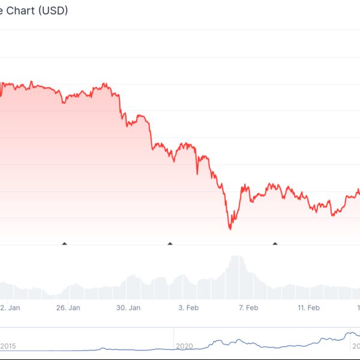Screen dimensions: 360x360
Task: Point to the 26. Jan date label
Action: (x=68, y=308)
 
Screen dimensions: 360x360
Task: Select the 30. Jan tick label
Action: (x=128, y=308)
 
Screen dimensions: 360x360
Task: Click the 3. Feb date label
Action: (x=188, y=308)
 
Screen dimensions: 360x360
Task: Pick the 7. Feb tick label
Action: (x=248, y=308)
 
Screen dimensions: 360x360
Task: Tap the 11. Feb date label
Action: (x=308, y=308)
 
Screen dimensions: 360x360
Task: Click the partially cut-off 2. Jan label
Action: (x=11, y=308)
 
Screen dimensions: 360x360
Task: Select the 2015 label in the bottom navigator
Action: (x=8, y=346)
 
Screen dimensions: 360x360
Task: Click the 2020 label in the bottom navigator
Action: (x=185, y=346)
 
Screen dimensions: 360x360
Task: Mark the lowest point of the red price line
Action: (x=230, y=229)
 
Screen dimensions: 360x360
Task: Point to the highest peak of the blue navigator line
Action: (x=348, y=332)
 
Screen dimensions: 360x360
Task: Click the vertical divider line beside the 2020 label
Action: (x=174, y=339)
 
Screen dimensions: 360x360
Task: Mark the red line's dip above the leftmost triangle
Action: (x=64, y=103)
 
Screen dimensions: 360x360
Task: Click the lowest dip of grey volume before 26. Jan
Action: (x=53, y=295)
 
